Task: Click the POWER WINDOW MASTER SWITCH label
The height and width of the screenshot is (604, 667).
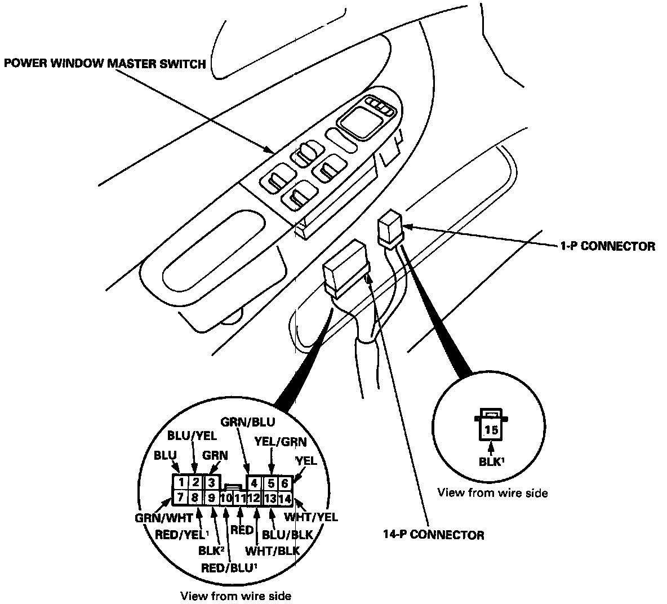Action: (105, 64)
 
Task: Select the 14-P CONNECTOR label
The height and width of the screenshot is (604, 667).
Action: (433, 535)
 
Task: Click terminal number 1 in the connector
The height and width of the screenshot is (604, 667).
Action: (180, 482)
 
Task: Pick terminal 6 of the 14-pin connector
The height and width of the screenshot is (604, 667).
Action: (285, 483)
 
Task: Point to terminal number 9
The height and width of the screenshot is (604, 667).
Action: (211, 498)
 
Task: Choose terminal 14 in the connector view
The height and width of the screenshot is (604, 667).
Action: (285, 498)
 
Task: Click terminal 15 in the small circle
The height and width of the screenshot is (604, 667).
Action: (491, 430)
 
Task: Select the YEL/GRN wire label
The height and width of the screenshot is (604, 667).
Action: (280, 442)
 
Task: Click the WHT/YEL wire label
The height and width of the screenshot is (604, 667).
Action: (311, 517)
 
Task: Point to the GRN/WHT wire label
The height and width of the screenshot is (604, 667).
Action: (164, 517)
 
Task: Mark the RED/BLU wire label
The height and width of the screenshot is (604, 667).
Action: (227, 566)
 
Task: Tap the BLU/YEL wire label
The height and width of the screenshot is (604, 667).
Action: (192, 436)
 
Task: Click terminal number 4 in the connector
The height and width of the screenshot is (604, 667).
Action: (254, 483)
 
